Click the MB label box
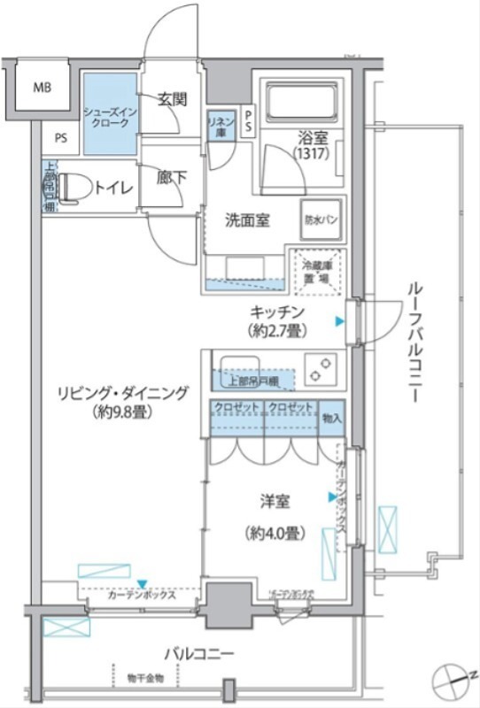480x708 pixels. [43, 88]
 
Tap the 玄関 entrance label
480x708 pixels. [172, 99]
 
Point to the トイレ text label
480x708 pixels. [114, 188]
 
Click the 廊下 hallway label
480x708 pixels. [172, 177]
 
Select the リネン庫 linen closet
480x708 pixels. [220, 125]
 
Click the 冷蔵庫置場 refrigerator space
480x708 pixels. [320, 271]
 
